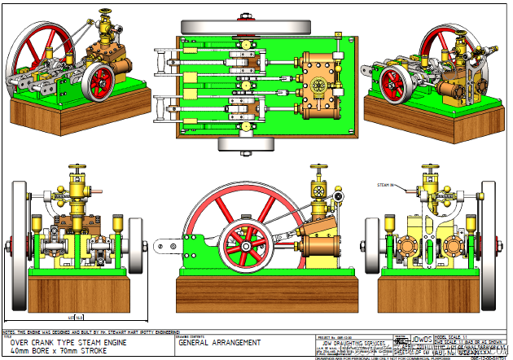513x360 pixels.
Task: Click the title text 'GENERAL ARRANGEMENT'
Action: point(220,343)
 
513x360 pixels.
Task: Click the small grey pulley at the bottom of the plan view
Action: point(244,144)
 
